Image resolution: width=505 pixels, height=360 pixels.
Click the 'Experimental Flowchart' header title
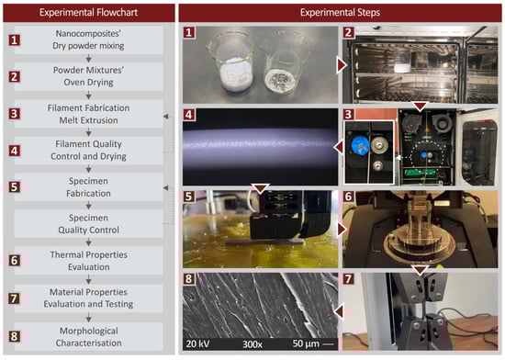(x=88, y=13)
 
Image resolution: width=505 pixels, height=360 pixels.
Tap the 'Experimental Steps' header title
(x=340, y=13)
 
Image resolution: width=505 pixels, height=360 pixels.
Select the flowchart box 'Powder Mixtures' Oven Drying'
(x=88, y=76)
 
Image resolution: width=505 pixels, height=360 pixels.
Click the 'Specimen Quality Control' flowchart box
(x=88, y=224)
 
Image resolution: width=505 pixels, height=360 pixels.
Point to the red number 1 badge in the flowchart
(x=14, y=40)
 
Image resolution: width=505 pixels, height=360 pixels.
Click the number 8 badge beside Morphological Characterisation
(x=14, y=336)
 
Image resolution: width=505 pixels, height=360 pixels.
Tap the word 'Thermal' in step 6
(x=65, y=254)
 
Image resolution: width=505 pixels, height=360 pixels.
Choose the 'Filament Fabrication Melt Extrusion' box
(x=88, y=114)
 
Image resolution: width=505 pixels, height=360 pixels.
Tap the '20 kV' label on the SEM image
(x=197, y=343)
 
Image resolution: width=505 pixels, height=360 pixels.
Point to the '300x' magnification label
(x=252, y=344)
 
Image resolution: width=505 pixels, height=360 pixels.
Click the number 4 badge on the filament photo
(x=189, y=114)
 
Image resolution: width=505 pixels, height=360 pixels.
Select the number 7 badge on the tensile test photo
(x=349, y=279)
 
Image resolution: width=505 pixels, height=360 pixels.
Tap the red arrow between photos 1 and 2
(x=342, y=65)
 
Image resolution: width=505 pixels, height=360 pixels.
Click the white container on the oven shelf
(x=403, y=67)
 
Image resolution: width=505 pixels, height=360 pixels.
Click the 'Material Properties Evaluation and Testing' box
(x=88, y=298)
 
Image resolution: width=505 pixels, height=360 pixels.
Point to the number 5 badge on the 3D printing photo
(x=189, y=197)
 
